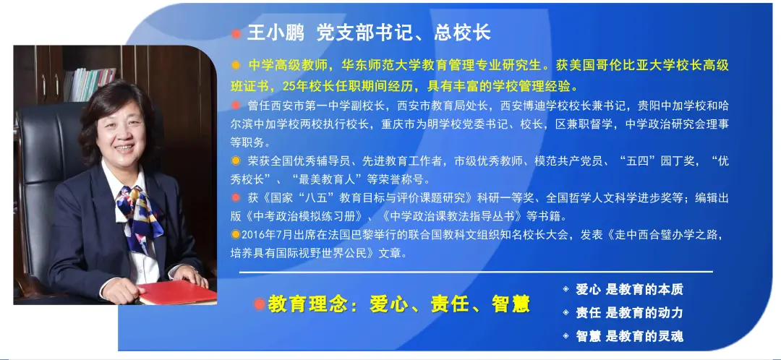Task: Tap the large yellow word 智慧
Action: coord(510,304)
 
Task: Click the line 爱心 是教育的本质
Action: coord(630,289)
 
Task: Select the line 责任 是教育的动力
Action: coord(630,313)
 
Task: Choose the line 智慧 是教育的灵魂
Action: coord(630,336)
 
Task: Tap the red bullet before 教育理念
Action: coord(259,304)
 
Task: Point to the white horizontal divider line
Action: coord(476,272)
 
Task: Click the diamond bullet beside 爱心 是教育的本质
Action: coord(566,289)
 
